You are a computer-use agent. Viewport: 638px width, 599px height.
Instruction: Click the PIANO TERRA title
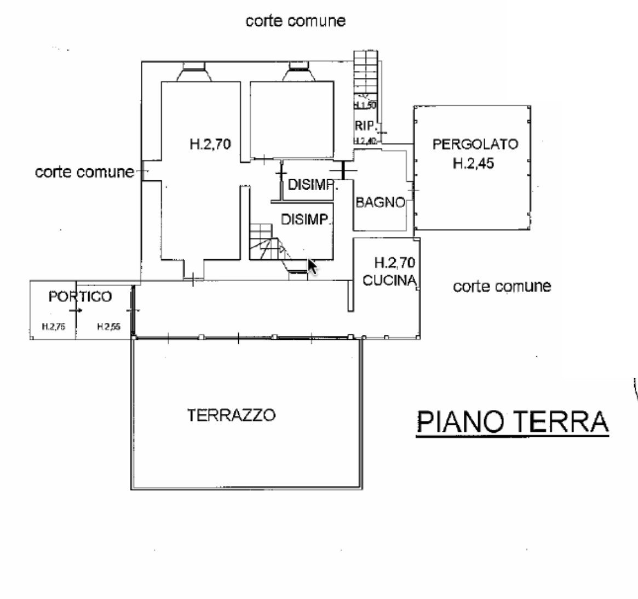pos(512,422)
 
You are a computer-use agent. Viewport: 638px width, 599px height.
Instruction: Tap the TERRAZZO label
pos(231,415)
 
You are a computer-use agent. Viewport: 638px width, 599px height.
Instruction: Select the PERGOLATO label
pos(475,144)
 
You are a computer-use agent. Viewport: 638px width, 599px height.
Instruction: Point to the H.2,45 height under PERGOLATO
pos(473,163)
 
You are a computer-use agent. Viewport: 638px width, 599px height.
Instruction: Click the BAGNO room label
pos(380,202)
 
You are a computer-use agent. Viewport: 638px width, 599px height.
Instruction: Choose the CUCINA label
pos(389,280)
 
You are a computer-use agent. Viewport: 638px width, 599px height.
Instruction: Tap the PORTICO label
pos(80,296)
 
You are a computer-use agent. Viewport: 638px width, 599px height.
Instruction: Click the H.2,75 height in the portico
pos(54,327)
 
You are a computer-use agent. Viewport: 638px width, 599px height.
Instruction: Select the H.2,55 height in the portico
pos(108,327)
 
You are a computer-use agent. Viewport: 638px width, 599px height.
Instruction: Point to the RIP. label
pos(364,125)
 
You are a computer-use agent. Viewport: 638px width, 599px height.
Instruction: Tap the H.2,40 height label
pos(365,141)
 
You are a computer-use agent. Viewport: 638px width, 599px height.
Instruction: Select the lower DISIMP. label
pos(304,219)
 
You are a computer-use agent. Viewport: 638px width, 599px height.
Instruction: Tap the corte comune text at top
pos(295,21)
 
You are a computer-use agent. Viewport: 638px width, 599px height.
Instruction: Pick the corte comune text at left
pos(84,172)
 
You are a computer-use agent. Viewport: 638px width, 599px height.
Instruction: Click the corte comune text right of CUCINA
pos(502,286)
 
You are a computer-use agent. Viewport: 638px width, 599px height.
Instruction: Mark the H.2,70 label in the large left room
pos(210,145)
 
